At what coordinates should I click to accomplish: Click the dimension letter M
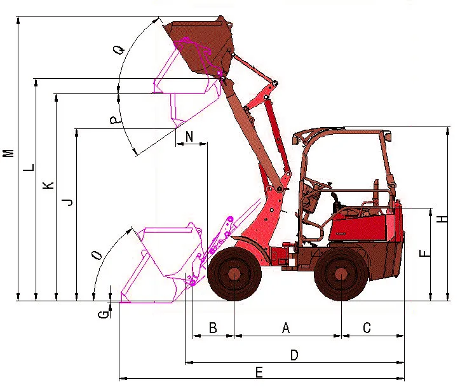pyautogui.click(x=8, y=153)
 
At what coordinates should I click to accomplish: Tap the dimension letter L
pyautogui.click(x=29, y=168)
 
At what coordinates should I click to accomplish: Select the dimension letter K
pyautogui.click(x=48, y=185)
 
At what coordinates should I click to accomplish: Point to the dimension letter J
pyautogui.click(x=68, y=201)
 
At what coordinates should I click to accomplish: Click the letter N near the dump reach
pyautogui.click(x=189, y=137)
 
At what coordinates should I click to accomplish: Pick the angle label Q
pyautogui.click(x=119, y=50)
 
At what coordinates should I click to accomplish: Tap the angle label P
pyautogui.click(x=116, y=119)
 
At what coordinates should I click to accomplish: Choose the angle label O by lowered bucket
pyautogui.click(x=97, y=256)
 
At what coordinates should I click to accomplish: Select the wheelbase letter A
pyautogui.click(x=286, y=327)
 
